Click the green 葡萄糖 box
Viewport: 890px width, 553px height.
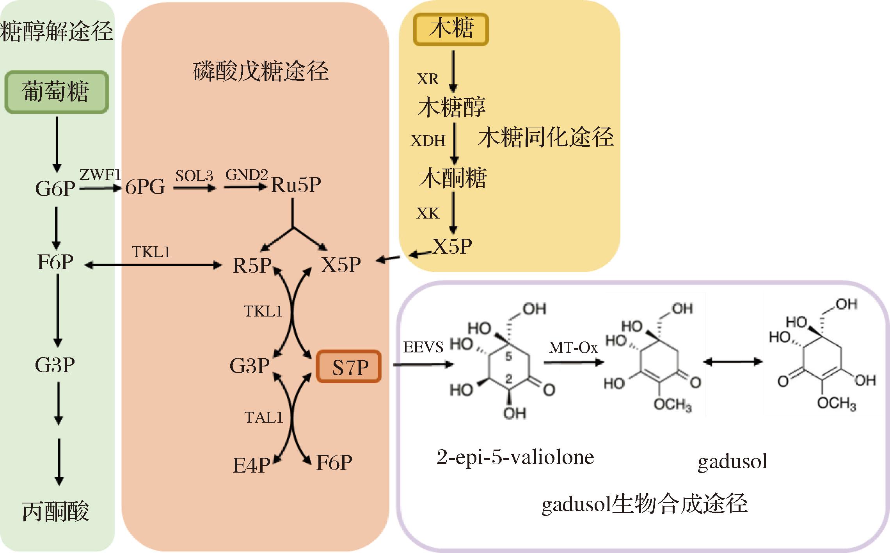point(56,92)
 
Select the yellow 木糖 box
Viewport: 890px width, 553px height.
point(451,29)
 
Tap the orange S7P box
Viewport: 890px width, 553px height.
point(348,366)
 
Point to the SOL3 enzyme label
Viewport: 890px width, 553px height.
point(194,176)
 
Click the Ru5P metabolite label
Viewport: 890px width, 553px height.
point(296,185)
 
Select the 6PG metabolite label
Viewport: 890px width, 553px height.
point(145,187)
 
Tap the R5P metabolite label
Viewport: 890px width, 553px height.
point(252,265)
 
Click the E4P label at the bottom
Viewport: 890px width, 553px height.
point(251,465)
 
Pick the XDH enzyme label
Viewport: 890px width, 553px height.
point(428,140)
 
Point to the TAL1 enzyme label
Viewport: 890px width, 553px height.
point(263,418)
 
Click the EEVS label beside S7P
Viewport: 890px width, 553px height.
point(423,347)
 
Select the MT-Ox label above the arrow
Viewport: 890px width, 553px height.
point(573,347)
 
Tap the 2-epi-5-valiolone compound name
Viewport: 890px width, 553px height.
point(515,457)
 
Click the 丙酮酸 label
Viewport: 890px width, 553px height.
point(56,512)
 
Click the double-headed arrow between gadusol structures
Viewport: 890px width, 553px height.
point(733,362)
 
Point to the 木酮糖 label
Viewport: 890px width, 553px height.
point(453,178)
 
